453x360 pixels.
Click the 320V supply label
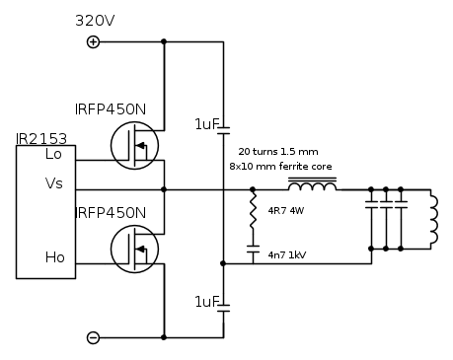[x=95, y=21]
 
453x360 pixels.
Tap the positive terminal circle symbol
[x=93, y=42]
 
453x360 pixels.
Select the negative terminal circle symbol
[x=93, y=337]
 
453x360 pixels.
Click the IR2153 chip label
[x=41, y=139]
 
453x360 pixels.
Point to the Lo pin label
[x=53, y=154]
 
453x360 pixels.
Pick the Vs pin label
[x=53, y=183]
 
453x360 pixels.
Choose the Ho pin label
[x=54, y=257]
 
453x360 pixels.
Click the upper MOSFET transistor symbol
[x=134, y=145]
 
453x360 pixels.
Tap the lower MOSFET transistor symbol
[x=134, y=249]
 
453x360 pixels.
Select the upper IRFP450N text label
[x=111, y=109]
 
